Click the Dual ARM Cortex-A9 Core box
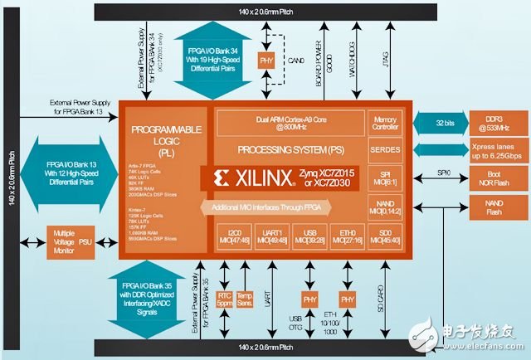[290, 122]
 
